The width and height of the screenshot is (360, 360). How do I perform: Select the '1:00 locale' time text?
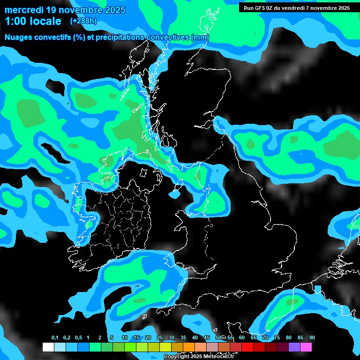click(x=33, y=21)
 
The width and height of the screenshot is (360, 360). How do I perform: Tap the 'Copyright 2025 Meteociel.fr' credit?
click(x=199, y=356)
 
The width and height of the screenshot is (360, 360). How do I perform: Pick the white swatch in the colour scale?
click(x=48, y=347)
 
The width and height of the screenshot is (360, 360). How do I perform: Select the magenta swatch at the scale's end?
click(x=306, y=347)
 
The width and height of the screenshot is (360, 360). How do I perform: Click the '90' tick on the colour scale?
click(x=312, y=337)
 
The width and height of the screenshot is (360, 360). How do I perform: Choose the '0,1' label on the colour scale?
click(x=54, y=337)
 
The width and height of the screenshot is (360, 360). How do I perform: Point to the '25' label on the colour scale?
click(x=160, y=337)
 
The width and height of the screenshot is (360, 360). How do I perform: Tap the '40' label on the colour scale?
click(x=195, y=337)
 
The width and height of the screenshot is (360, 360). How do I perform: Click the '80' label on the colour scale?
click(x=289, y=337)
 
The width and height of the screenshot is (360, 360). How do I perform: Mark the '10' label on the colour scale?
click(x=125, y=337)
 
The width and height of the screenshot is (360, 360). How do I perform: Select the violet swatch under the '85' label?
click(x=294, y=347)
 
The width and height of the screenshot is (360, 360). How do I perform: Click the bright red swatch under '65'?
click(x=247, y=347)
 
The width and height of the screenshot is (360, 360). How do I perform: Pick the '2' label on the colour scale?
click(x=100, y=337)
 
